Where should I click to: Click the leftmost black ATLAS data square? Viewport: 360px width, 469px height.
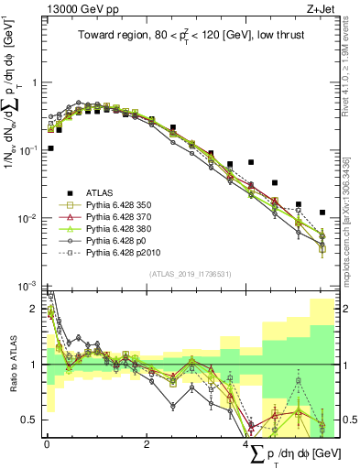50,147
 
